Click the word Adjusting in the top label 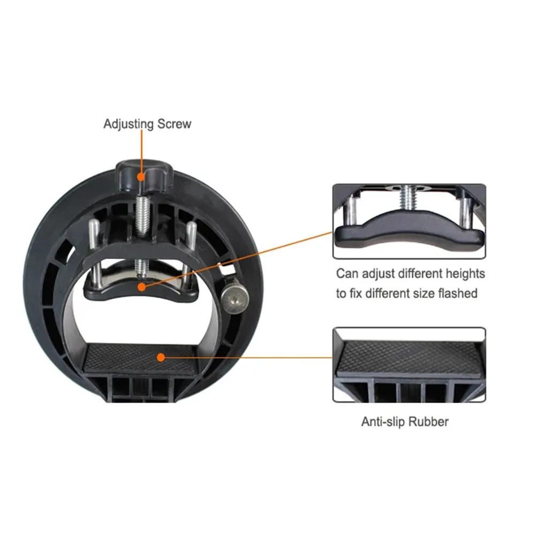(128, 124)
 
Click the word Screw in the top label (175, 124)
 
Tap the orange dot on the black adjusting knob (141, 177)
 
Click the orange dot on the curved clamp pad (141, 287)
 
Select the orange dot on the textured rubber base (161, 358)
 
